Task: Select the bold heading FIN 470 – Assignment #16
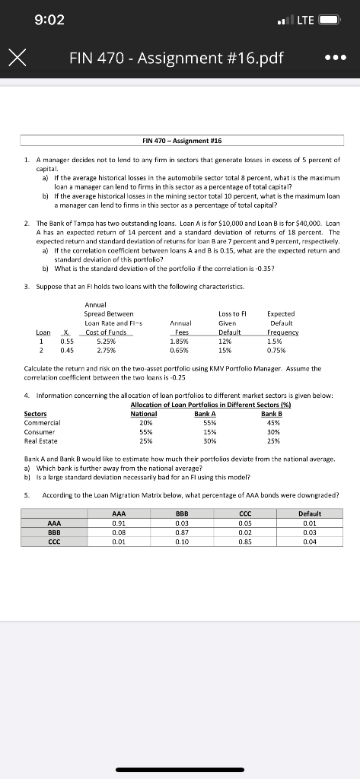pos(180,141)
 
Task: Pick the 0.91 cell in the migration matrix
pos(119,523)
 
